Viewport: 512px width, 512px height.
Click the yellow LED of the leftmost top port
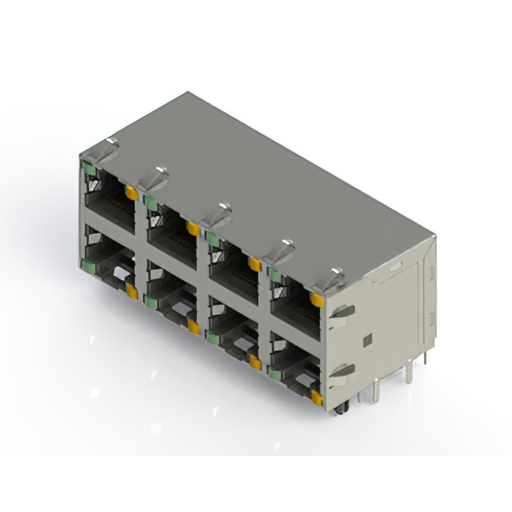pos(131,193)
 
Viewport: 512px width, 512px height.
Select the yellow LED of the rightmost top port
pos(318,300)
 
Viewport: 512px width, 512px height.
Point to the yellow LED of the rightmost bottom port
pos(318,397)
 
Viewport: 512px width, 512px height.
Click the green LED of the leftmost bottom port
pos(86,263)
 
